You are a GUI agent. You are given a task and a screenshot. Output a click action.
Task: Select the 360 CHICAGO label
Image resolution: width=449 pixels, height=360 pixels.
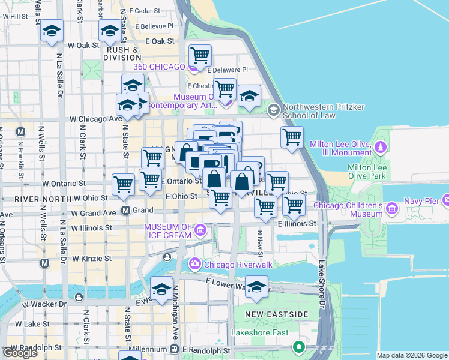point(160,67)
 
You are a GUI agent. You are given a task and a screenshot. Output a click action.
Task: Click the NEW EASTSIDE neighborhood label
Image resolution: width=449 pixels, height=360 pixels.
point(277,314)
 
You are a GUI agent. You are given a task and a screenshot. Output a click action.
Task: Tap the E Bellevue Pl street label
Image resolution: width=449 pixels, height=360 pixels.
point(154,26)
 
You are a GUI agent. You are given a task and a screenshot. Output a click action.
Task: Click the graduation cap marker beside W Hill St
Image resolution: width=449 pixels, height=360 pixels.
point(52,31)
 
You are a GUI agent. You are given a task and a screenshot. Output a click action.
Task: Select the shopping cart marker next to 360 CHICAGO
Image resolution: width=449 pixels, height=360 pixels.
point(200,56)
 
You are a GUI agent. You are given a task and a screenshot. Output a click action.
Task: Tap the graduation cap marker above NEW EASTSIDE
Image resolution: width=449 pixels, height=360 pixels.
point(256,286)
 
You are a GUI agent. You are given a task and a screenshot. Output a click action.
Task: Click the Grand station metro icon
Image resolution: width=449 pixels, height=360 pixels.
point(126,211)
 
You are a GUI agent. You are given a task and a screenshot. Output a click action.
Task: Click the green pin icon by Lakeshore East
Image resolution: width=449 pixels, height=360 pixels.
point(298,346)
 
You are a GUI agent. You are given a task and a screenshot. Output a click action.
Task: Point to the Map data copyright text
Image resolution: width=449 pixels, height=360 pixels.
point(411,355)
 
